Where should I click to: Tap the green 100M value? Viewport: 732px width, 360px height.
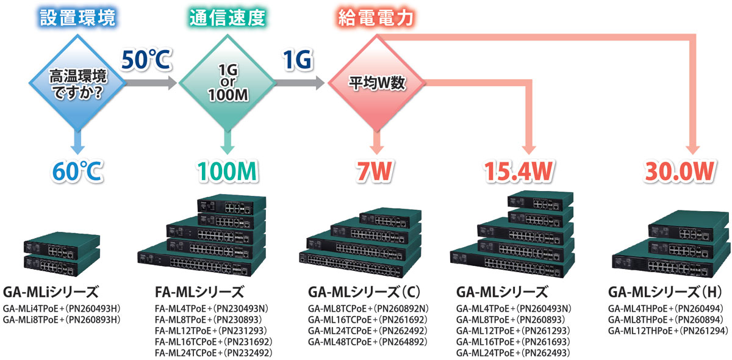click(x=226, y=172)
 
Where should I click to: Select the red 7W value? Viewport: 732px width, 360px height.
click(x=376, y=172)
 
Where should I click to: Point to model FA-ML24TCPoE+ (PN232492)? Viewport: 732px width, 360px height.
click(x=213, y=353)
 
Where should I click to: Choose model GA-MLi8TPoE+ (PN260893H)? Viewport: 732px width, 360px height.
click(x=61, y=319)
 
